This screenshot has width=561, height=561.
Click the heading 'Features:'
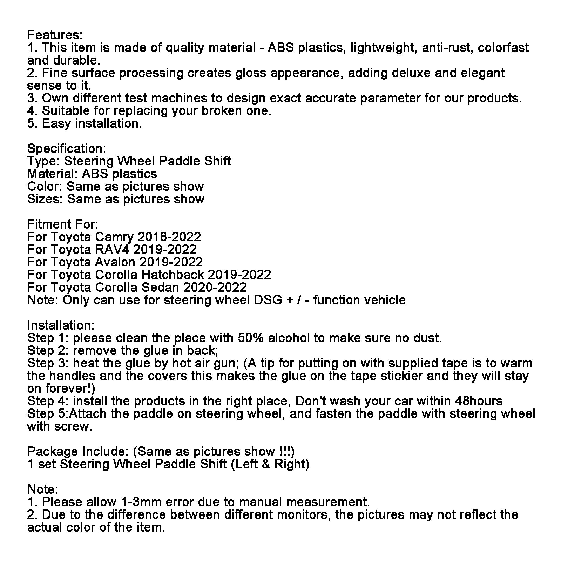55,35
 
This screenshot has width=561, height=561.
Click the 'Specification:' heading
66,149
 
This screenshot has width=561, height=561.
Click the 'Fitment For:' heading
63,224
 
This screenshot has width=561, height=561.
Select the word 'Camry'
114,237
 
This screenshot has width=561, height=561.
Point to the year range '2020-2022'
215,288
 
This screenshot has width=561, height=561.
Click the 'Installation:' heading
61,325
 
